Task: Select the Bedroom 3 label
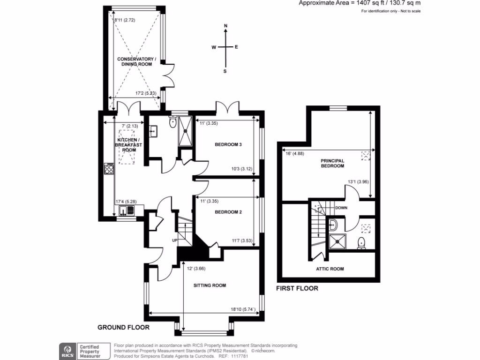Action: pos(228,144)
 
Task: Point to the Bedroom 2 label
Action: pos(228,212)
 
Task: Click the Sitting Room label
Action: pos(210,285)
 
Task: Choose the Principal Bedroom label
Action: pos(332,163)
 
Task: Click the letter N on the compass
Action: pos(225,26)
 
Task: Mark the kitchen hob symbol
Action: pos(110,169)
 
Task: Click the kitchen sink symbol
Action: pos(126,210)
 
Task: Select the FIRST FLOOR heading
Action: pos(297,288)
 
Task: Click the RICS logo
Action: pos(67,351)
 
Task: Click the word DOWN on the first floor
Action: pos(341,207)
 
